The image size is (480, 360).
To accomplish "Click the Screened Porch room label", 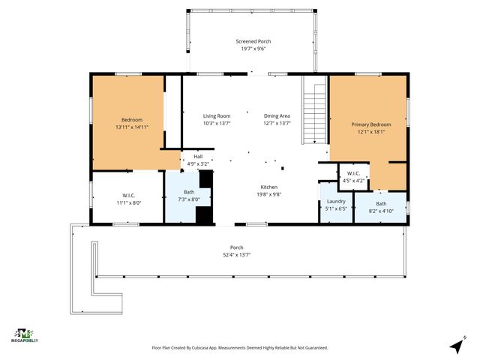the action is (x=253, y=41).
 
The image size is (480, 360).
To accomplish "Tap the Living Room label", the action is (x=217, y=116).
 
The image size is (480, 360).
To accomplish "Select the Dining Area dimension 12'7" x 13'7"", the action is (x=277, y=123).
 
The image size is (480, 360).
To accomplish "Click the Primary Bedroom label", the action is (x=371, y=124).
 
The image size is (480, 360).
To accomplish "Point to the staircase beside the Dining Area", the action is (x=314, y=110).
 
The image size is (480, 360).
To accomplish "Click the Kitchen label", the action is (x=269, y=187).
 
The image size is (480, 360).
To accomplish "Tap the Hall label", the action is (x=198, y=157).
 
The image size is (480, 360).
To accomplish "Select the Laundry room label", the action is (x=336, y=202).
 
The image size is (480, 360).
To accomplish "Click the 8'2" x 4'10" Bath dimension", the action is (x=381, y=211).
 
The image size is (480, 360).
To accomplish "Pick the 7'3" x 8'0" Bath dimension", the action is (x=189, y=199).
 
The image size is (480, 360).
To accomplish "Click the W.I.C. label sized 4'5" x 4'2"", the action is (x=353, y=173).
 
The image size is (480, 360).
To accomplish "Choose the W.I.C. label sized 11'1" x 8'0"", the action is (x=129, y=195).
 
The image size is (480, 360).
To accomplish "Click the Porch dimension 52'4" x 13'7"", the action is (x=237, y=255).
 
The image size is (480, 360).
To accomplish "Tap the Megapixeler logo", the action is (x=25, y=335).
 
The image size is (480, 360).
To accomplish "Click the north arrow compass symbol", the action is (x=457, y=345).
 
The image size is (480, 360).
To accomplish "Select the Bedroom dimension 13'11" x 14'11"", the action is (x=132, y=127).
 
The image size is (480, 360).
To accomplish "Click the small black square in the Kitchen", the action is (x=283, y=168).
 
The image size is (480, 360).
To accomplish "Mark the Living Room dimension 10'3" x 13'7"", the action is (x=217, y=123).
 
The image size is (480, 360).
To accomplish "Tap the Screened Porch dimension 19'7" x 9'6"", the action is (x=253, y=49).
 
